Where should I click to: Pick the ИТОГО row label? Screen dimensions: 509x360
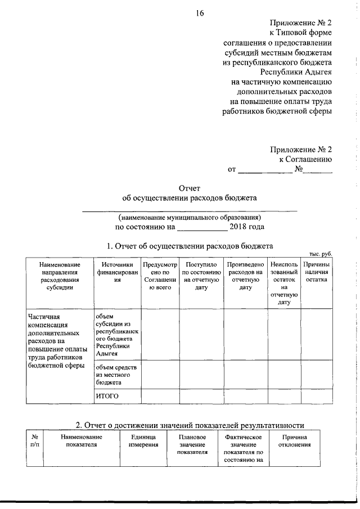(107, 396)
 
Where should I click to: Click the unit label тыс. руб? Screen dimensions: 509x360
(321, 255)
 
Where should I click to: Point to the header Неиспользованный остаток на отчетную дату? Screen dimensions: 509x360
(283, 282)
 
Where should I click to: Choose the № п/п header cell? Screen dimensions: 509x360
(35, 441)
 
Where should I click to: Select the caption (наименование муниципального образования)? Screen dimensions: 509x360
(190, 217)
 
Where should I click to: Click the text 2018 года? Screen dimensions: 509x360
(247, 227)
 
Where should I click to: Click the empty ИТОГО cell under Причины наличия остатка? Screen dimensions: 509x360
(317, 396)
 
